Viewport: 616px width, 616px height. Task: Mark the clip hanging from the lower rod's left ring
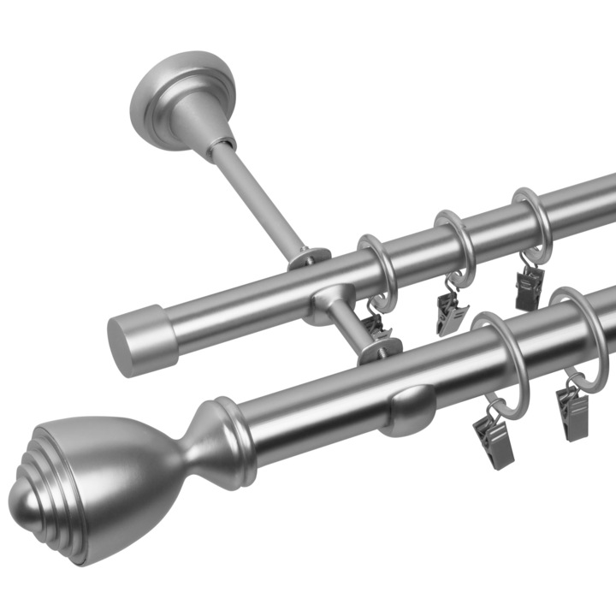click(494, 436)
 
